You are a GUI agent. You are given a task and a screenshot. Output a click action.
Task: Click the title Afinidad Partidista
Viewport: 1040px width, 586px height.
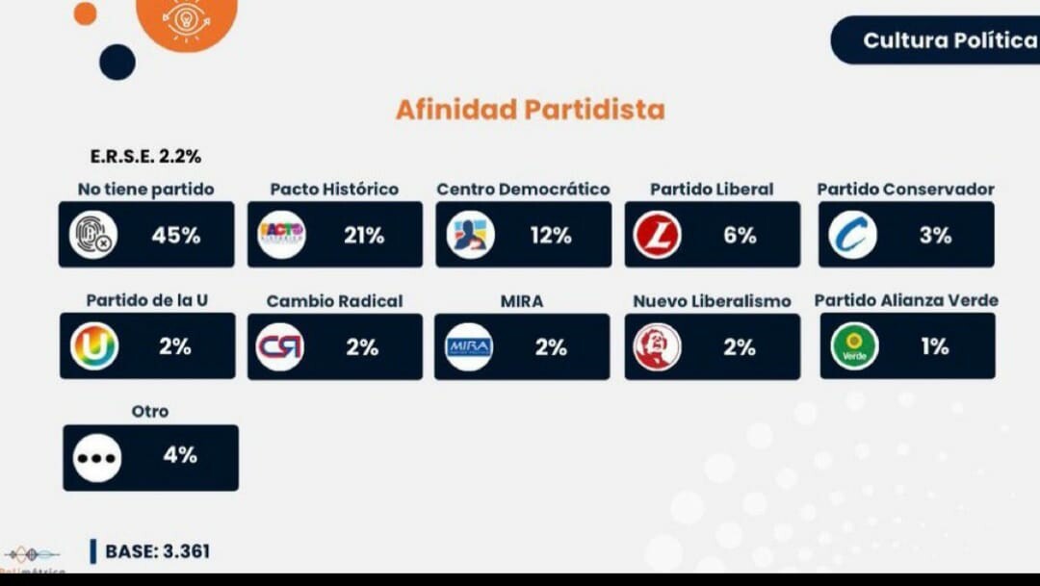click(530, 110)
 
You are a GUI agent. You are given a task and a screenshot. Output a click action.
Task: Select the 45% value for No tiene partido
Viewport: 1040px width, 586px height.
click(175, 235)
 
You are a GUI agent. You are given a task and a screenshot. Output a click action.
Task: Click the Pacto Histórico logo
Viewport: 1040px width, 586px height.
click(282, 235)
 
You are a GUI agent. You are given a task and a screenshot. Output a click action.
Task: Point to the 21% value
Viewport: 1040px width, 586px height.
click(364, 235)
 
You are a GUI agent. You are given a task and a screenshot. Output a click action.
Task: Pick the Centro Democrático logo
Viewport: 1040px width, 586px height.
click(471, 235)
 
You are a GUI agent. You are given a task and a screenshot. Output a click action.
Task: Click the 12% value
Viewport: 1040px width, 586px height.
click(551, 235)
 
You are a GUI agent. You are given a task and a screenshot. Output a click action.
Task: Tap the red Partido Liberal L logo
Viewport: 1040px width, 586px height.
click(658, 235)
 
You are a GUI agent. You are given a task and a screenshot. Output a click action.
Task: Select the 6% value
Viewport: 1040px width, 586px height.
click(740, 235)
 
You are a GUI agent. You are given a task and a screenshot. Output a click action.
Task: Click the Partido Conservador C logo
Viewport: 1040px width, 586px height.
click(853, 235)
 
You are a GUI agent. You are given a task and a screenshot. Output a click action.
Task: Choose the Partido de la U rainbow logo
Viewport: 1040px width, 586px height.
click(94, 346)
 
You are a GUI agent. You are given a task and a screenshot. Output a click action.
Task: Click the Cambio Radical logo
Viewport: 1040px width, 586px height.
click(280, 346)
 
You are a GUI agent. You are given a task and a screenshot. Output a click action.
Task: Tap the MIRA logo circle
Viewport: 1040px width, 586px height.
click(469, 346)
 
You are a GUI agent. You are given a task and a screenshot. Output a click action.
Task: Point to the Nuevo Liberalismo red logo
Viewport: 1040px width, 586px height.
click(657, 346)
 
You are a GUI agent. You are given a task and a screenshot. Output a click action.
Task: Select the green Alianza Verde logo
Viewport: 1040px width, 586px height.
click(854, 346)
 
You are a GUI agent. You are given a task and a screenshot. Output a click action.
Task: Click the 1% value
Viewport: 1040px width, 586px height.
click(935, 346)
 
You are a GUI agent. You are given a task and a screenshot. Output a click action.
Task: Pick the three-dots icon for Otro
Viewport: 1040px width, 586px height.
click(97, 458)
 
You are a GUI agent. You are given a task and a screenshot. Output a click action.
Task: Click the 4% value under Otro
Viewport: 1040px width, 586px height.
click(180, 455)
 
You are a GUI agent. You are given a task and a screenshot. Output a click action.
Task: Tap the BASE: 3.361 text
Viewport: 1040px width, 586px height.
click(157, 551)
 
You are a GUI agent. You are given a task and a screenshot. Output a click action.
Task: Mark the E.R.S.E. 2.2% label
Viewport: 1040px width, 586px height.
click(145, 156)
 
